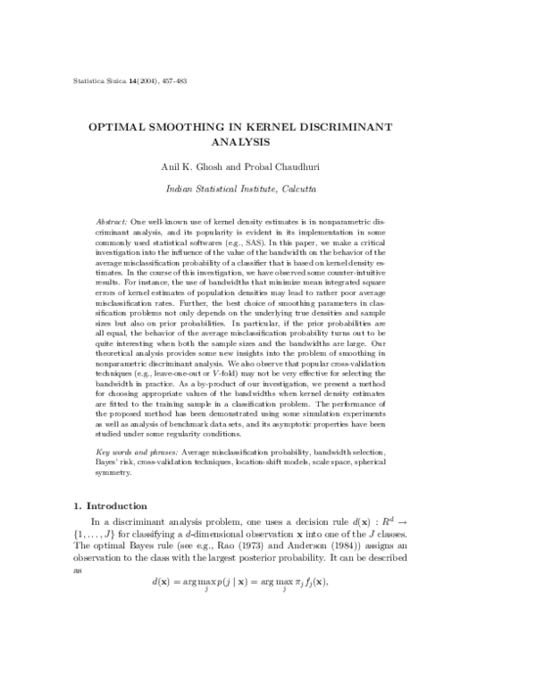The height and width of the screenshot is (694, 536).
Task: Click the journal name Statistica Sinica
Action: pos(97,81)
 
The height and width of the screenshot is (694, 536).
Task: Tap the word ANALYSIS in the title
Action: pos(268,142)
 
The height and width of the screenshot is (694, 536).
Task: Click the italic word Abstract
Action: pos(111,220)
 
